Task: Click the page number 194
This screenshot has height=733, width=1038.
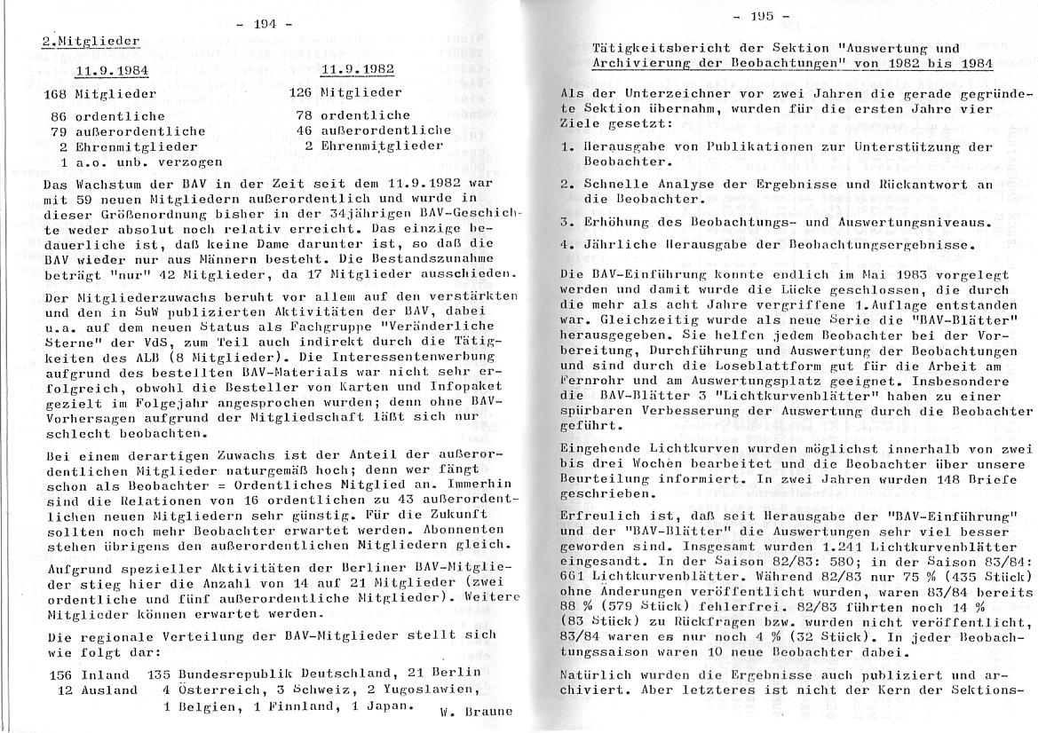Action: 265,24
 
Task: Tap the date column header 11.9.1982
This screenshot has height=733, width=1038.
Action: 358,69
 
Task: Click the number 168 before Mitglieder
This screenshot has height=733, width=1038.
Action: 61,92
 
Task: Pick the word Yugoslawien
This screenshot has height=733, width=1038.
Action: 412,690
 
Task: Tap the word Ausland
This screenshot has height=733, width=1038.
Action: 111,690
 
